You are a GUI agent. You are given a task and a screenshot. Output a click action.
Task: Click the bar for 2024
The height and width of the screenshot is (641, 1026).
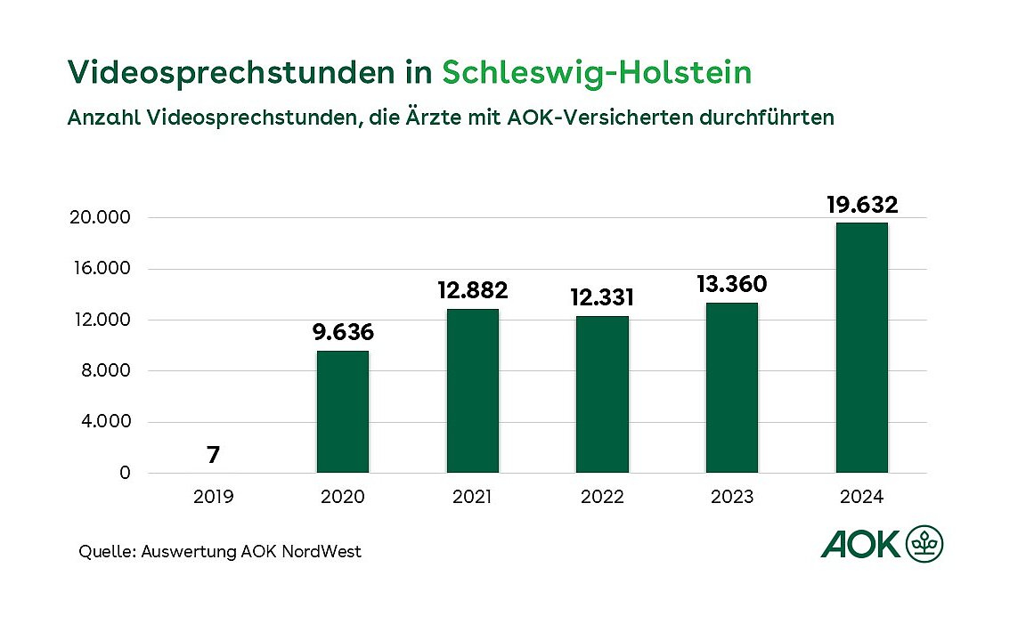(x=861, y=347)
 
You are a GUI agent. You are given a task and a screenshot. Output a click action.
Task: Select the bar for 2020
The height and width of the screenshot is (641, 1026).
(x=343, y=411)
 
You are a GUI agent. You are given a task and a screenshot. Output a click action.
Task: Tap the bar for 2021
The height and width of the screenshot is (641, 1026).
(x=472, y=391)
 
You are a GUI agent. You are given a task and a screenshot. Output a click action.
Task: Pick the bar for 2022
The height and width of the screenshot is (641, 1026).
(x=602, y=394)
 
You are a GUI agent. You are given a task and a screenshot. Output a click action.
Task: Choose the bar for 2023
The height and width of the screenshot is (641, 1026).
(x=731, y=387)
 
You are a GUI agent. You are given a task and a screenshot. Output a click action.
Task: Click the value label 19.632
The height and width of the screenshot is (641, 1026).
(x=861, y=205)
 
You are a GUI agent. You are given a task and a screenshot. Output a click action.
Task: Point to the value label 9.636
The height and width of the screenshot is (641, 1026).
(x=343, y=333)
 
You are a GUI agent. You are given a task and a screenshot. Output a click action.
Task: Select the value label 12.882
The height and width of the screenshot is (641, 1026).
(x=472, y=290)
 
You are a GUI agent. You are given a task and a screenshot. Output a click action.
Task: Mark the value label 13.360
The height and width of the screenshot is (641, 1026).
(x=731, y=284)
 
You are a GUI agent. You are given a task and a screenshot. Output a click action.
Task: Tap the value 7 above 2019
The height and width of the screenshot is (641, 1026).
(x=213, y=455)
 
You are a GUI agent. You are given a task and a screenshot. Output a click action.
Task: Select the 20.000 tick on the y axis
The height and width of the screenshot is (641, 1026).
(x=100, y=218)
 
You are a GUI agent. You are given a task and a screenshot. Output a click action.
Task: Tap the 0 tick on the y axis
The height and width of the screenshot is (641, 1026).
(x=125, y=473)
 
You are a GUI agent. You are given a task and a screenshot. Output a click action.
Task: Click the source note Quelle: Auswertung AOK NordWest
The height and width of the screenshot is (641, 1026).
(x=220, y=552)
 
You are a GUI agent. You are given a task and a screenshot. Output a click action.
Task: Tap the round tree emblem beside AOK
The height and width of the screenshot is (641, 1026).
(x=924, y=544)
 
